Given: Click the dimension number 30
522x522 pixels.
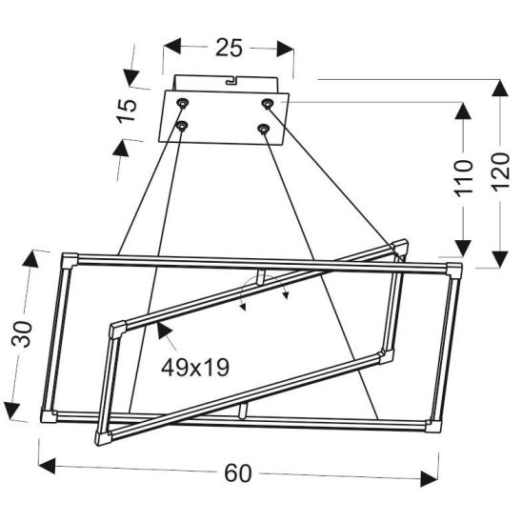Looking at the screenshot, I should pyautogui.click(x=26, y=333).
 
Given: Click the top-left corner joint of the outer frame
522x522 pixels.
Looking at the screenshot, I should pyautogui.click(x=69, y=258).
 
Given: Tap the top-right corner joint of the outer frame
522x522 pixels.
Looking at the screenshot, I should pyautogui.click(x=453, y=270).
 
